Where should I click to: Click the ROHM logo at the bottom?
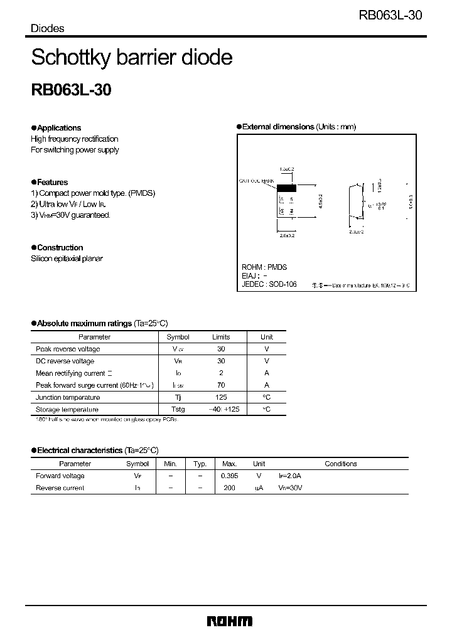pyautogui.click(x=229, y=621)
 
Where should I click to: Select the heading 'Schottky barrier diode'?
pyautogui.click(x=132, y=58)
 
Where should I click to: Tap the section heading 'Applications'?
pyautogui.click(x=59, y=127)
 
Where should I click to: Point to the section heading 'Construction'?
pyautogui.click(x=60, y=247)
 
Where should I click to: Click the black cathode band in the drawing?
pyautogui.click(x=286, y=188)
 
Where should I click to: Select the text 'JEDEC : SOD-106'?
pyautogui.click(x=269, y=284)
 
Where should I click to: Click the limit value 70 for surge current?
pyautogui.click(x=221, y=385)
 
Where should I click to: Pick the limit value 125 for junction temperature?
pyautogui.click(x=221, y=397)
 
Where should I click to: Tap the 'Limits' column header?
pyautogui.click(x=221, y=337)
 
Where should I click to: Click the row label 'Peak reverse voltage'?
pyautogui.click(x=68, y=349)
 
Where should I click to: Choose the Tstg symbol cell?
pyautogui.click(x=178, y=409)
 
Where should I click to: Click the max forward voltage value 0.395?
pyautogui.click(x=229, y=476)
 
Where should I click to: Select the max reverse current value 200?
pyautogui.click(x=229, y=488)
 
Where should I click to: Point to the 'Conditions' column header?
pyautogui.click(x=340, y=464)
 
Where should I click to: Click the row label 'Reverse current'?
pyautogui.click(x=60, y=488)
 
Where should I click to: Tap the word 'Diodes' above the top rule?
pyautogui.click(x=48, y=28)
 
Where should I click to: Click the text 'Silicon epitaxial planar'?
pyautogui.click(x=67, y=259)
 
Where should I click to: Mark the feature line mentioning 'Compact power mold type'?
pyautogui.click(x=93, y=193)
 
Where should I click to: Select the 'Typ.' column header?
pyautogui.click(x=200, y=464)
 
